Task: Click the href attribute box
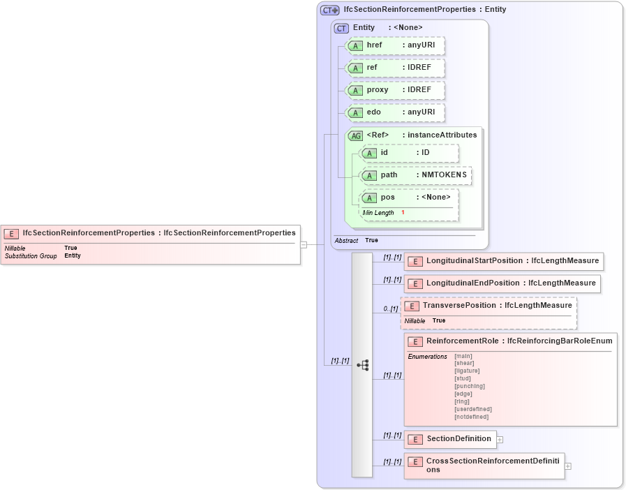396,45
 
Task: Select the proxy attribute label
378,90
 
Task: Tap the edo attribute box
396,112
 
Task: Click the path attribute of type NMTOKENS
415,175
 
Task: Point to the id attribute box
409,153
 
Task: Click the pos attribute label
387,198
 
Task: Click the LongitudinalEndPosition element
502,283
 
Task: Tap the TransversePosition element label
497,306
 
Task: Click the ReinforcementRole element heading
519,341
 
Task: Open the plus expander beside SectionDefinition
500,440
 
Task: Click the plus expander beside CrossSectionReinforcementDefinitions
567,466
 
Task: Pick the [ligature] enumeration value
467,371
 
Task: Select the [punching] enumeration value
469,386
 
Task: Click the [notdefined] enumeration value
471,417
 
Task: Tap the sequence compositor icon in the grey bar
362,365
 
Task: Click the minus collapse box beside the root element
304,244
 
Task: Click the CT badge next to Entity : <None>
341,28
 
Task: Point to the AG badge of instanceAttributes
356,135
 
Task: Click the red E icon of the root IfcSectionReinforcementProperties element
11,233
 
